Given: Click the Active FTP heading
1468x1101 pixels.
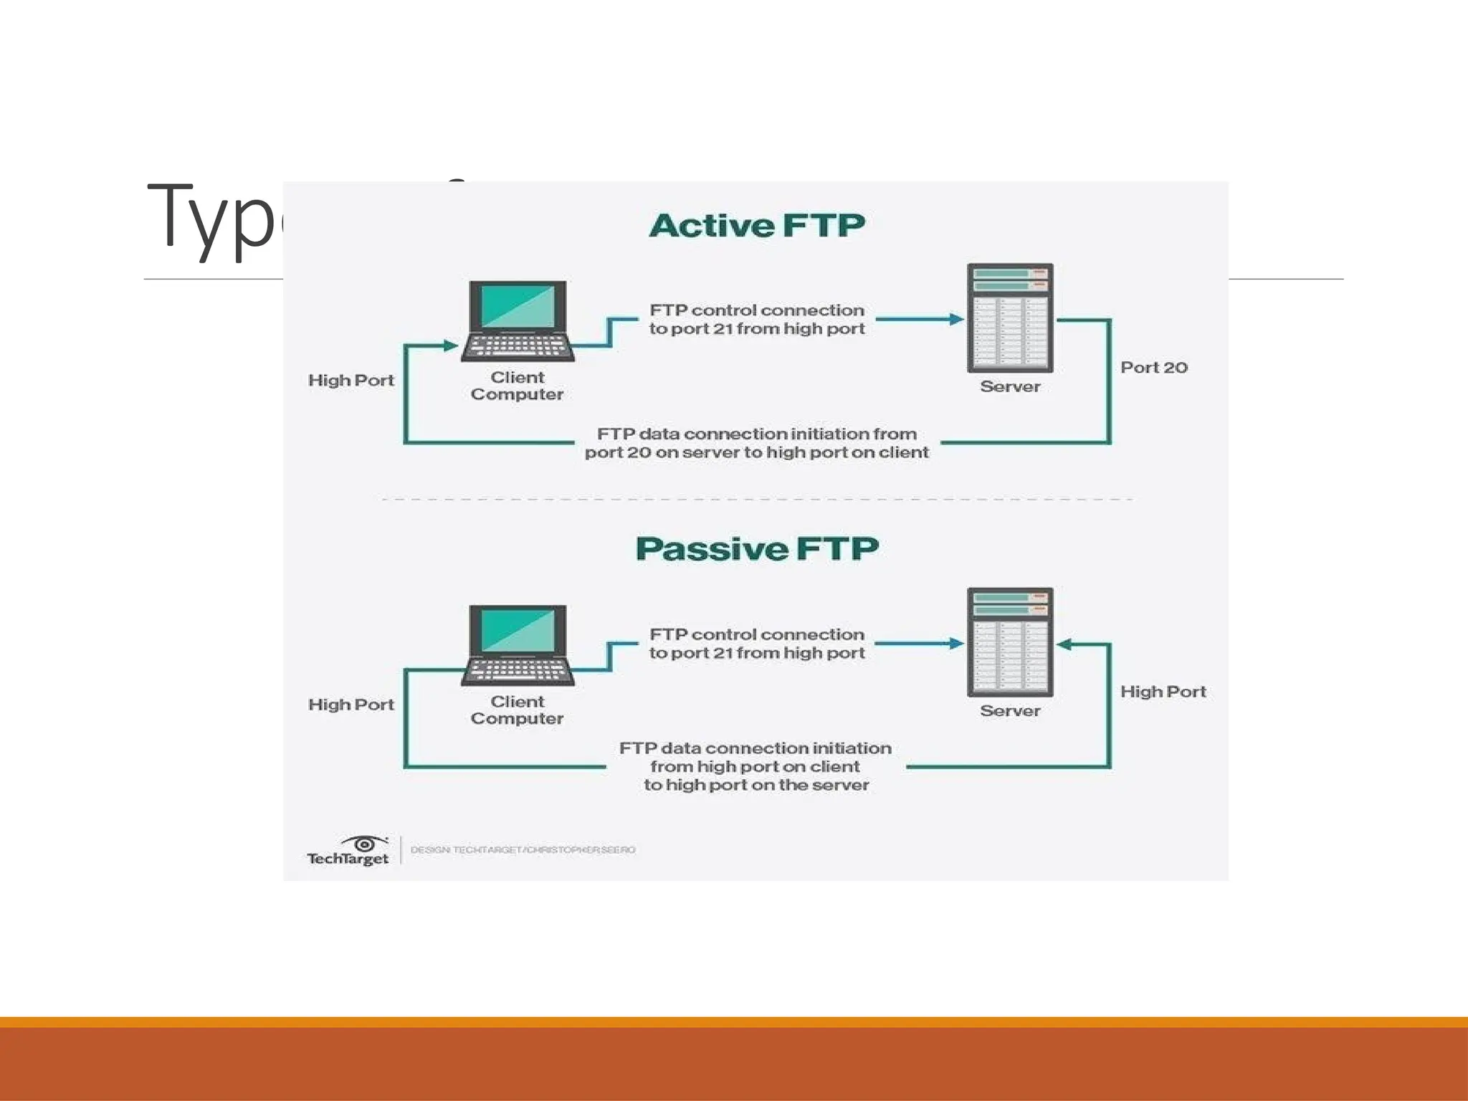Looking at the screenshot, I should [x=757, y=226].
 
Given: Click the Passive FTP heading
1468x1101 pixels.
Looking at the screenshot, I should [x=757, y=549].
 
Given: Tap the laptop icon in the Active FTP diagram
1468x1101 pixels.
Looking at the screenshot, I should [x=518, y=320].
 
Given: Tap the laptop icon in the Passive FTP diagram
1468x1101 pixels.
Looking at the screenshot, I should [x=518, y=645].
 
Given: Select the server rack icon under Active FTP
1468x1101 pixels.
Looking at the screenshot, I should [x=1010, y=318].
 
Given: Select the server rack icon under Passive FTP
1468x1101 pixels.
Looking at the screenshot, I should [x=1010, y=642].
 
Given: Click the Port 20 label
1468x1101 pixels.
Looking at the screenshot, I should [x=1153, y=368].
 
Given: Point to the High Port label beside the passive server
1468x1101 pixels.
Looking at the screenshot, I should [x=1163, y=692].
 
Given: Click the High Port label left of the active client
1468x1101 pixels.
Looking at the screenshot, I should [x=351, y=381].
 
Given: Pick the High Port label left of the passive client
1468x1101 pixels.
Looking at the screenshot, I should [x=351, y=705].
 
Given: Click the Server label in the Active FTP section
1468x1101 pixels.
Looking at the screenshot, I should [x=1010, y=387].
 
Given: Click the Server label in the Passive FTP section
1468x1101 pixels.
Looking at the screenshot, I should [x=1010, y=711].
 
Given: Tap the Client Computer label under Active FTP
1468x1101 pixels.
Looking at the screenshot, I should [x=517, y=386].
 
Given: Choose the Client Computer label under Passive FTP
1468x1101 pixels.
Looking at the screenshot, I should [x=517, y=710].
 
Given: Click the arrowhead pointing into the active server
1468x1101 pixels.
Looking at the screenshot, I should [x=956, y=319].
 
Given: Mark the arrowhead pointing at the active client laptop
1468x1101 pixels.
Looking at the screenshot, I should [x=451, y=345].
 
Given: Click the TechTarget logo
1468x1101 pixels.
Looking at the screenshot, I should [x=348, y=851].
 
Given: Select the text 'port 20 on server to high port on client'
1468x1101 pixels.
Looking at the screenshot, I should [x=756, y=452].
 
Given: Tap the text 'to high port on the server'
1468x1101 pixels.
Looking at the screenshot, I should [x=756, y=785].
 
